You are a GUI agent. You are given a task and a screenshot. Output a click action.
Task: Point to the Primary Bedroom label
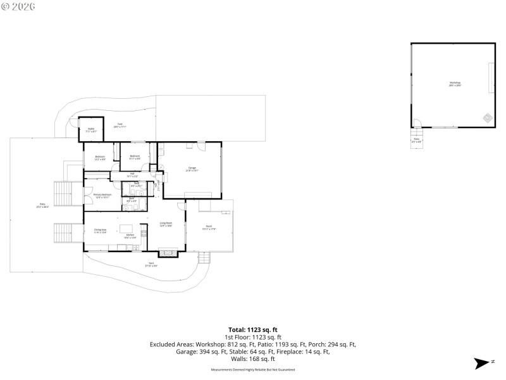coord(102,196)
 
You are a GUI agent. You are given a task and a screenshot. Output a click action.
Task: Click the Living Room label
coord(166,225)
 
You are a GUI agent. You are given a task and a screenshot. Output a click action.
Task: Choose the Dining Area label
coord(100,231)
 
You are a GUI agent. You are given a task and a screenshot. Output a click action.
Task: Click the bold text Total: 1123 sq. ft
coord(252,329)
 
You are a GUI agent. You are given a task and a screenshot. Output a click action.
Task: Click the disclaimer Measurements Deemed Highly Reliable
coord(252,369)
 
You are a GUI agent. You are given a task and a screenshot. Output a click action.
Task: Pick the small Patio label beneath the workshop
coord(416,140)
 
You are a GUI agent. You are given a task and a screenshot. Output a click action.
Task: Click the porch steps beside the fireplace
coord(204,258)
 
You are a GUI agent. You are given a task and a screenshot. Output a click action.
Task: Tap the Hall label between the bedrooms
coord(132,174)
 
